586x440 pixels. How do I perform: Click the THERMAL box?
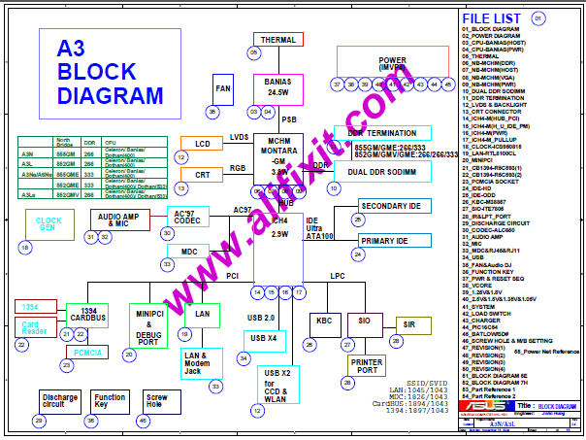pyautogui.click(x=278, y=40)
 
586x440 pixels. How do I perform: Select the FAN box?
pyautogui.click(x=223, y=88)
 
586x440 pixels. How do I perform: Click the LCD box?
pyautogui.click(x=202, y=145)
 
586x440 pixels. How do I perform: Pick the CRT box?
pyautogui.click(x=202, y=176)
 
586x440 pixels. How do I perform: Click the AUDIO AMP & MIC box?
pyautogui.click(x=121, y=220)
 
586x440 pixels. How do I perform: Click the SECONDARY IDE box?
pyautogui.click(x=390, y=207)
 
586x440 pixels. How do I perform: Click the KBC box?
pyautogui.click(x=323, y=321)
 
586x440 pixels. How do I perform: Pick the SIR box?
pyautogui.click(x=409, y=323)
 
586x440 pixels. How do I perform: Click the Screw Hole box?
pyautogui.click(x=156, y=399)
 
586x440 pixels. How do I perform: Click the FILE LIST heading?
pyautogui.click(x=496, y=19)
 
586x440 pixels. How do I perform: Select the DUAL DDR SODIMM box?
pyautogui.click(x=388, y=171)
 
